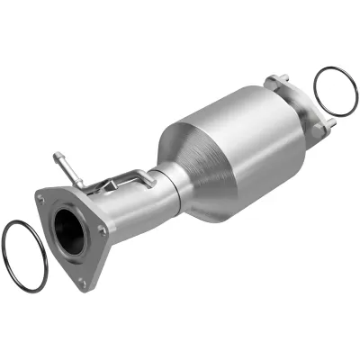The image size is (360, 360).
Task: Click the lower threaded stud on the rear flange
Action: point(328,121)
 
